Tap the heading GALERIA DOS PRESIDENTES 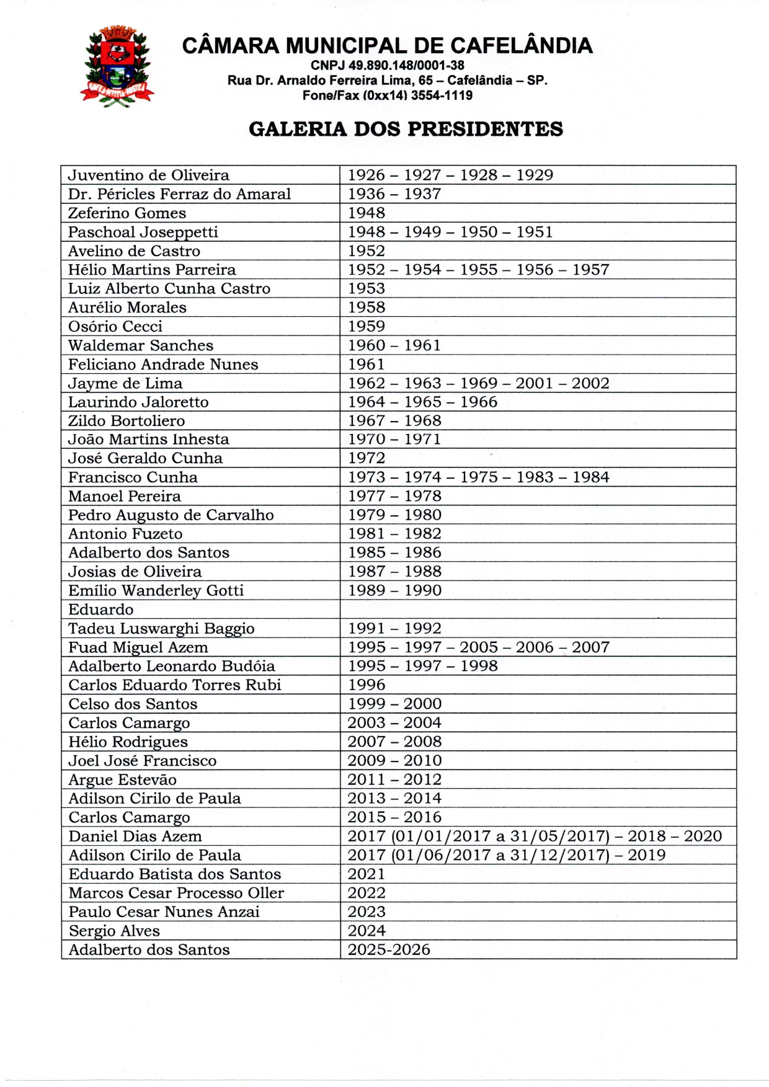tap(406, 129)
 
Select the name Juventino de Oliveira tap(149, 175)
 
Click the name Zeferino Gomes tap(127, 213)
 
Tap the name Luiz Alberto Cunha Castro tap(169, 289)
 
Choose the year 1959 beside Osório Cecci tap(367, 326)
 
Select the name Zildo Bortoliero tap(127, 421)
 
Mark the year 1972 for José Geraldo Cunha tap(367, 458)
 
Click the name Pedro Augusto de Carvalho tap(171, 515)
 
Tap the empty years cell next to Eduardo tap(538, 609)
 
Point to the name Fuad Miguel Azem tap(138, 648)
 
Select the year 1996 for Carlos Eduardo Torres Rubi tap(367, 685)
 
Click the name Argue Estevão tap(123, 780)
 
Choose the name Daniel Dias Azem tap(135, 836)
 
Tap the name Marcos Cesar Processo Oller tap(176, 893)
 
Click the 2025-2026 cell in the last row tap(389, 950)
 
